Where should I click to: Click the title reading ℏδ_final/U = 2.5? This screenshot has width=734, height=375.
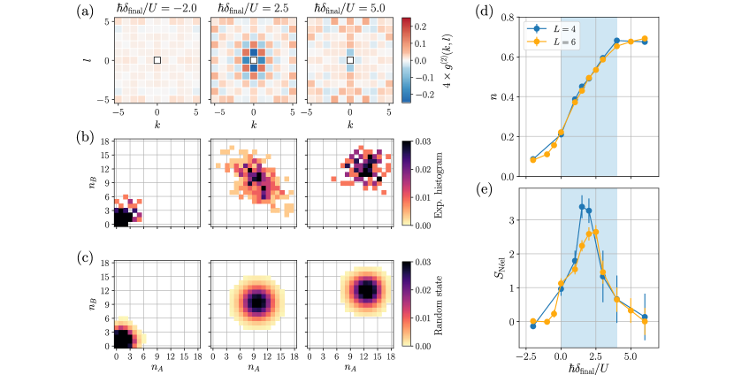[x=253, y=11]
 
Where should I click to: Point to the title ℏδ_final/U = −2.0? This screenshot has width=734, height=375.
[x=157, y=11]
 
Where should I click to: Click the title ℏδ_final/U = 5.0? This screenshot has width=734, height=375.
[x=350, y=11]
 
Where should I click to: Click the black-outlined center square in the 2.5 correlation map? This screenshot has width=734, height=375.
[x=253, y=60]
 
